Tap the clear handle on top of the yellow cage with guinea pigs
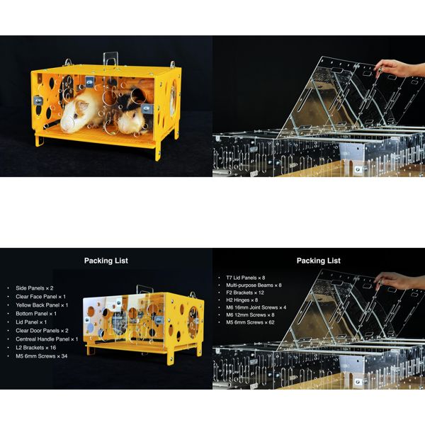pos(110,59)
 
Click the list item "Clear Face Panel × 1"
pos(41,297)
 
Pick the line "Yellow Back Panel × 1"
pos(42,305)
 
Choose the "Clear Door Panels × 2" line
pos(42,331)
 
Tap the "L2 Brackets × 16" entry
pos(36,348)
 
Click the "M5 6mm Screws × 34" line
pos(42,356)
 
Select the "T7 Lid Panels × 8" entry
pos(245,277)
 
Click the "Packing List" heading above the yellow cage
pos(106,261)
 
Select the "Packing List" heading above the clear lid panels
pos(319,261)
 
